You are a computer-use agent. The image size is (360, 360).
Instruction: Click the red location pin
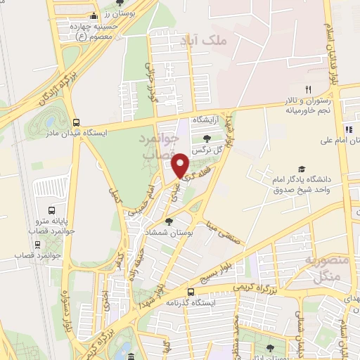(x=180, y=166)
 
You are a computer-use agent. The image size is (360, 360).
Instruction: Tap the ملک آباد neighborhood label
(x=205, y=41)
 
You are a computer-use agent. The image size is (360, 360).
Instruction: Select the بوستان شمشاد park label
(x=166, y=232)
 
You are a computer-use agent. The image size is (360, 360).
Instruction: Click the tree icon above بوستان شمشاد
(x=169, y=221)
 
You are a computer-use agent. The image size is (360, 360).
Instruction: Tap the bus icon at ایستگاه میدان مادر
(x=76, y=122)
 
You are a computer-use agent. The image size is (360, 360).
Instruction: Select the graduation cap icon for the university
(x=302, y=169)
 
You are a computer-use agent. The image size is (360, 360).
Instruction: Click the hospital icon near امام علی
(x=348, y=129)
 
